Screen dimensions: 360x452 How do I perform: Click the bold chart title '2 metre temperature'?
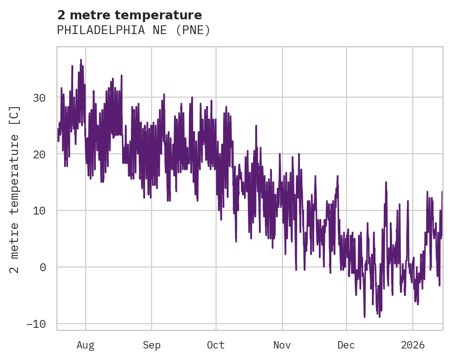(129, 15)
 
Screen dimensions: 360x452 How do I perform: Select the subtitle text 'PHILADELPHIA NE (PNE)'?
(134, 30)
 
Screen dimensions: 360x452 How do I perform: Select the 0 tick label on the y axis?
(43, 267)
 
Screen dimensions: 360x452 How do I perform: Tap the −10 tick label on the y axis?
(36, 324)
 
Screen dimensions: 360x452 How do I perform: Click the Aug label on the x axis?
(86, 345)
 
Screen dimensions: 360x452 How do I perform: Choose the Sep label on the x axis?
(151, 345)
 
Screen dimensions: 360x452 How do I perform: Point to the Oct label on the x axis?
(216, 345)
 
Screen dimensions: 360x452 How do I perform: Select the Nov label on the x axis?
(282, 345)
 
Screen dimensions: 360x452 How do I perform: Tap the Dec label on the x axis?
(346, 345)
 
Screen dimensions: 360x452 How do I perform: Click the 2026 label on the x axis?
(412, 345)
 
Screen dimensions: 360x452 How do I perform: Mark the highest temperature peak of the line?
(81, 60)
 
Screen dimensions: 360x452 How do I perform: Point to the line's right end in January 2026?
(442, 192)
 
